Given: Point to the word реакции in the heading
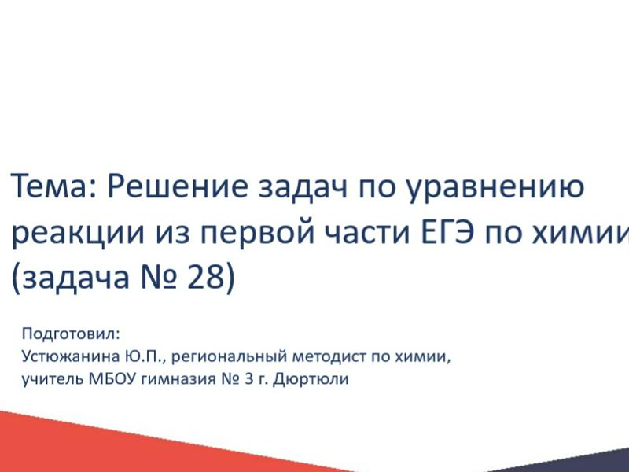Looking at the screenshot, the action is pyautogui.click(x=78, y=234).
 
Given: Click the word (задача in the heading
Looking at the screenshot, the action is pyautogui.click(x=71, y=278).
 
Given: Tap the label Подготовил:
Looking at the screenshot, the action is pyautogui.click(x=71, y=334).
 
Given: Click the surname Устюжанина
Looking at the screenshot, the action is pyautogui.click(x=71, y=356).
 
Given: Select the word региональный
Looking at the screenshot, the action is pyautogui.click(x=229, y=357).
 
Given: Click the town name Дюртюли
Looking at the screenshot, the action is pyautogui.click(x=311, y=379).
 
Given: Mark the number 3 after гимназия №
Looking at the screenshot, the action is pyautogui.click(x=248, y=378).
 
